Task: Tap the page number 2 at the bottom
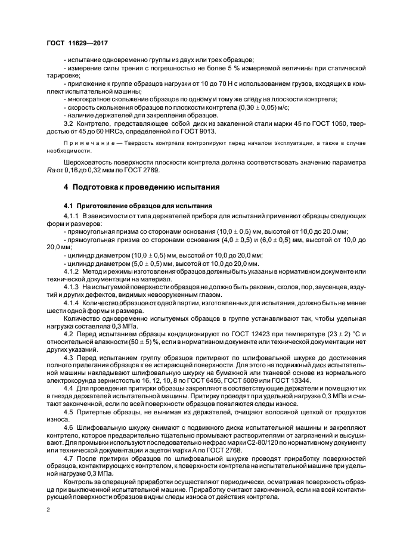[48, 510]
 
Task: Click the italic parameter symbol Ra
[51, 169]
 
